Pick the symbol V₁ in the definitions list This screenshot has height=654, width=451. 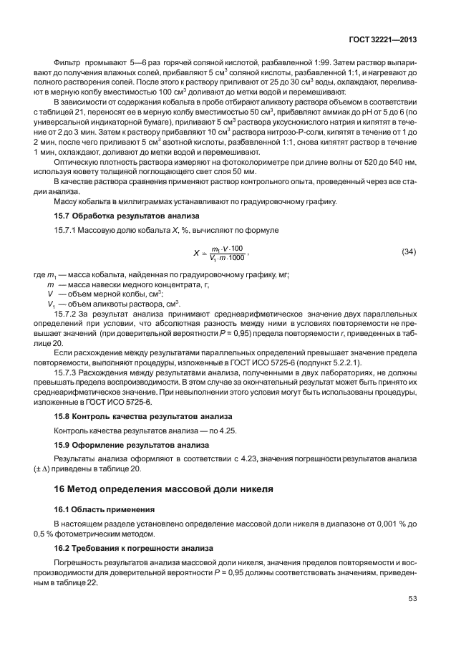(x=51, y=304)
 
